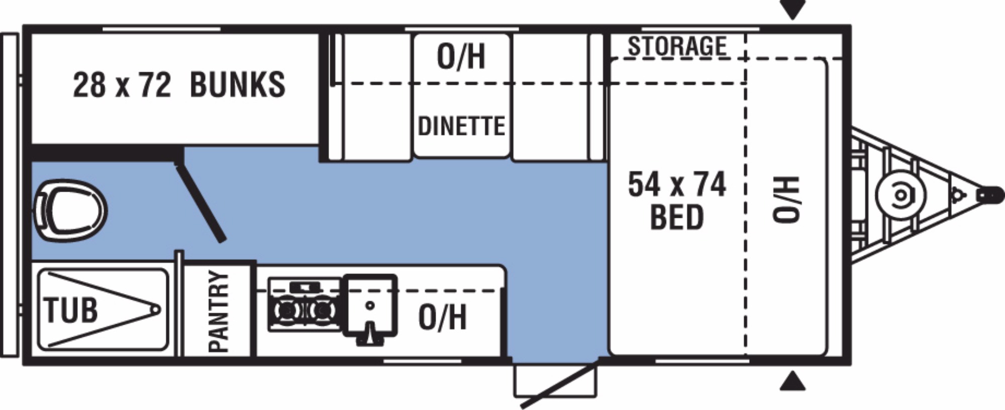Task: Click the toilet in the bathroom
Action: [70, 210]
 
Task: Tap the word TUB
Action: [71, 310]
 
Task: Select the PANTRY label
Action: [219, 311]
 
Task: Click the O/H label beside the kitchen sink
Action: [442, 317]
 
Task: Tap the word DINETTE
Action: [461, 126]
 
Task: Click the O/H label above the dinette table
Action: [461, 56]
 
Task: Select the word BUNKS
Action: [238, 84]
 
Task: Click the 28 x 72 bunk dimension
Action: [122, 84]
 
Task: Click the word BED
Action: [677, 217]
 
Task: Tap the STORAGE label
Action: [677, 46]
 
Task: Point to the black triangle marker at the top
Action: [792, 9]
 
